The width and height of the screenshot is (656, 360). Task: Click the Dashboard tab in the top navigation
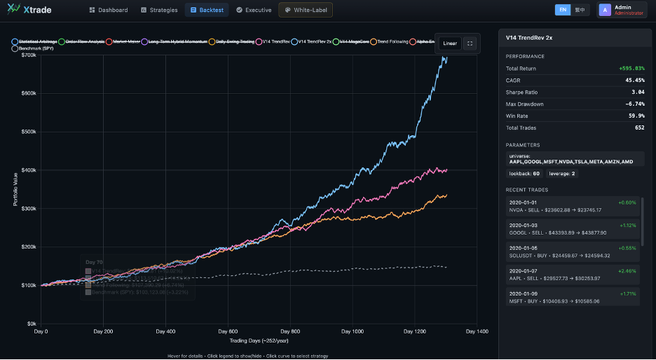[x=109, y=10]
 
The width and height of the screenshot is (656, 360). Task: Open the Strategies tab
[x=159, y=10]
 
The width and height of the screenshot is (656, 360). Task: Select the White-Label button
[x=306, y=10]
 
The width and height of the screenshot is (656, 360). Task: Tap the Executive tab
[x=254, y=10]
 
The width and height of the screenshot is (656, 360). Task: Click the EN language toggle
[x=562, y=10]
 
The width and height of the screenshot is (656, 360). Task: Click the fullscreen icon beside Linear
[x=470, y=43]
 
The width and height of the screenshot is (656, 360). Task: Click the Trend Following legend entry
[x=392, y=42]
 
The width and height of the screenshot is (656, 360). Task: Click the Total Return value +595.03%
[x=631, y=69]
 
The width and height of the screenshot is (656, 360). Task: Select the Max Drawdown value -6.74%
[x=634, y=104]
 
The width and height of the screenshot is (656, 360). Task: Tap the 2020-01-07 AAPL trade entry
[x=571, y=274]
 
